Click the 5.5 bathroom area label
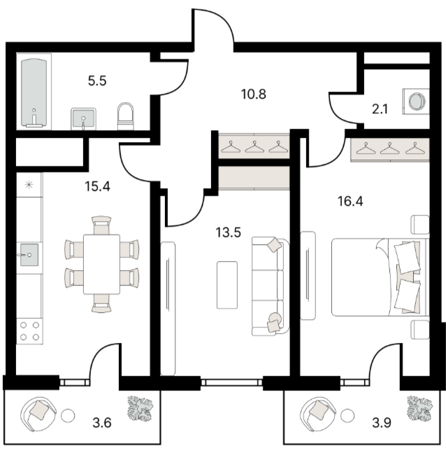[x=97, y=81]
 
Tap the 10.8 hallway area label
[x=254, y=94]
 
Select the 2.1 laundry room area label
[x=380, y=109]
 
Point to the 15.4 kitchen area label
[x=97, y=187]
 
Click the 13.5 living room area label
[x=228, y=232]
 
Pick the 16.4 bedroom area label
[x=350, y=202]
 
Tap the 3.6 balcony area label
[x=102, y=423]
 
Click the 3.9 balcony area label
[x=382, y=423]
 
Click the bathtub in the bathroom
[x=34, y=92]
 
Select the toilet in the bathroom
[x=126, y=116]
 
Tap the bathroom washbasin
[x=83, y=118]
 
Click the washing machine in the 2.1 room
[x=416, y=101]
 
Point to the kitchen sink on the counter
[x=29, y=255]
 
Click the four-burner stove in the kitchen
[x=29, y=330]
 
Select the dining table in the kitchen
[x=102, y=265]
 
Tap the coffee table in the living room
[x=227, y=285]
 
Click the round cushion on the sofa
[x=275, y=318]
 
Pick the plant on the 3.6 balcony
[x=141, y=409]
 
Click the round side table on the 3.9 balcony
[x=347, y=415]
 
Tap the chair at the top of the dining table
[x=102, y=225]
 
